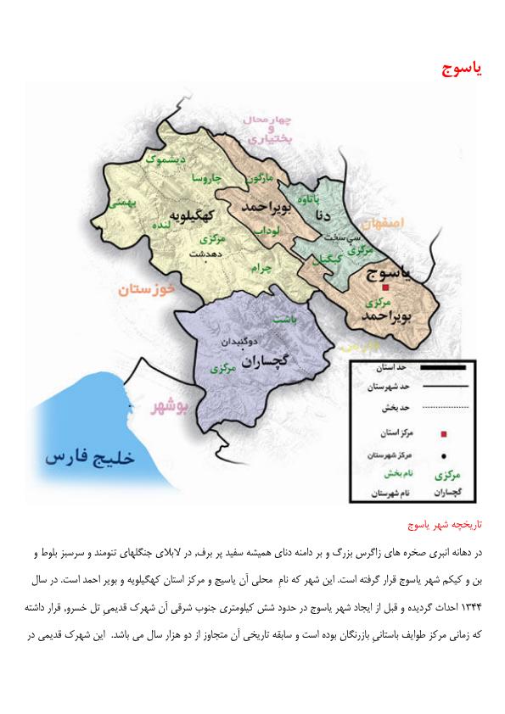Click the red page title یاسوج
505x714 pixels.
coord(462,68)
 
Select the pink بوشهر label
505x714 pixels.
coord(169,406)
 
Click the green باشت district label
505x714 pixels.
coord(282,321)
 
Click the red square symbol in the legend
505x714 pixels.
coord(444,433)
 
